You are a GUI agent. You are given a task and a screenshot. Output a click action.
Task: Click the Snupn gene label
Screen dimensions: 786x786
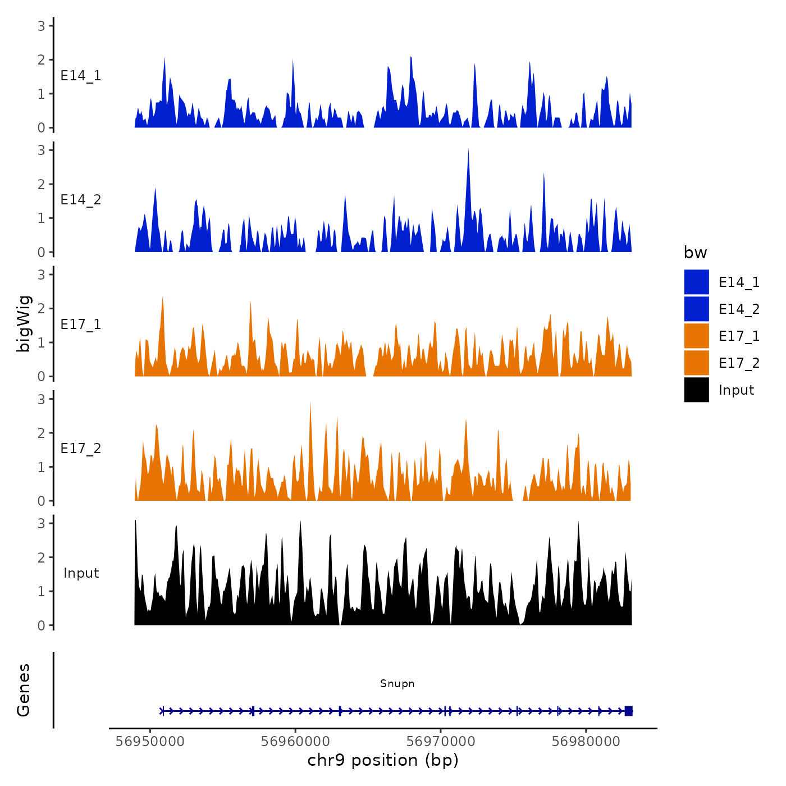coord(397,683)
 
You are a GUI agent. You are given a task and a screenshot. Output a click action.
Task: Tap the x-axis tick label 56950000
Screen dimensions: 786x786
coord(150,741)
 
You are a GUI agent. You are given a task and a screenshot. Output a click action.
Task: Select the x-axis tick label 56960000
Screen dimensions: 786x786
coord(295,741)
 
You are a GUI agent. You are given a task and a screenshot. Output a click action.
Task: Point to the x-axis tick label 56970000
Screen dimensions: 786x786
coord(441,741)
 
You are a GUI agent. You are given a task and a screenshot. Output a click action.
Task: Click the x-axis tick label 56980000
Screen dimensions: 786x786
coord(586,741)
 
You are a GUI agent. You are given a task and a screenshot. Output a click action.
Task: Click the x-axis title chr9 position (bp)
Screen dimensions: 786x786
coord(383,760)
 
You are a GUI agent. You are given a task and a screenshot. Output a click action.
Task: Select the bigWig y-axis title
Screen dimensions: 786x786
coord(24,324)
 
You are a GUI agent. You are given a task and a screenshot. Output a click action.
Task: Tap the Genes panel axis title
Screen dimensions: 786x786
coord(24,690)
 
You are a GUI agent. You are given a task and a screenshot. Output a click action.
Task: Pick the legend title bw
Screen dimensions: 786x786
coord(695,253)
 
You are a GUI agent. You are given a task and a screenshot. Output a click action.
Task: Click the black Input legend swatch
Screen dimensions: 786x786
coord(696,390)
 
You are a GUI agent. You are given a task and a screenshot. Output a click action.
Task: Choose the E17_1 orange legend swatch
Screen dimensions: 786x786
coord(696,336)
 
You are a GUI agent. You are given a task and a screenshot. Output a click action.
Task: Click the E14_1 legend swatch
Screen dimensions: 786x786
coord(696,282)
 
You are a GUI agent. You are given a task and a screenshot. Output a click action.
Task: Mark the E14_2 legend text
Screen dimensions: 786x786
coord(739,309)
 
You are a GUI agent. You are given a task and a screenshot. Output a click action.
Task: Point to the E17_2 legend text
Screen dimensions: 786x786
coord(739,363)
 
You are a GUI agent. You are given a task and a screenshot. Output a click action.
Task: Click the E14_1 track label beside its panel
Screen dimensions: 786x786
coord(81,76)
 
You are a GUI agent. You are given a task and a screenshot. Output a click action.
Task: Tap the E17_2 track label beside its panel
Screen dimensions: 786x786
coord(81,448)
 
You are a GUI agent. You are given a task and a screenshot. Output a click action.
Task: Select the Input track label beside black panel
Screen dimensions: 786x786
coord(81,573)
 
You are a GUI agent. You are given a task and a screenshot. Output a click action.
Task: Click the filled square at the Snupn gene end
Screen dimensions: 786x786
coord(628,711)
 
